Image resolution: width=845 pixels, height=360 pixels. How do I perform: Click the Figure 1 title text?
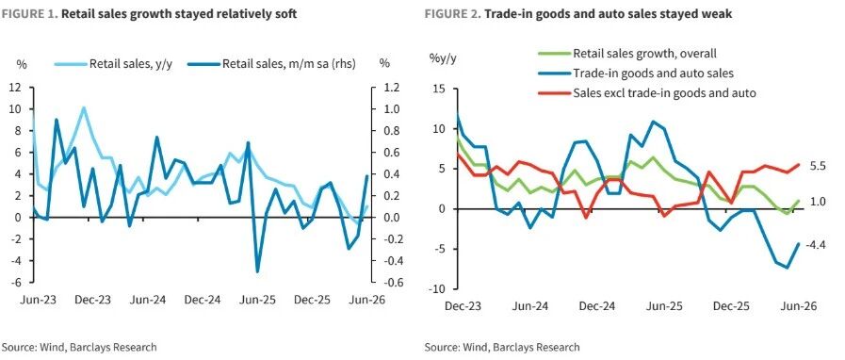[x=149, y=14]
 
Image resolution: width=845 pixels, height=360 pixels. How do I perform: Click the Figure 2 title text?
[x=578, y=14]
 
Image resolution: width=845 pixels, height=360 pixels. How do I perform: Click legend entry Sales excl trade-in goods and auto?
[x=646, y=92]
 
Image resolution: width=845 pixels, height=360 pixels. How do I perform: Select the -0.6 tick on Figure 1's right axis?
[x=390, y=283]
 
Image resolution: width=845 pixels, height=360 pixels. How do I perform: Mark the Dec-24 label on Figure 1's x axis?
[x=202, y=301]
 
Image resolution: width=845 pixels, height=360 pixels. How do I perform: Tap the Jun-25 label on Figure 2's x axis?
[x=664, y=306]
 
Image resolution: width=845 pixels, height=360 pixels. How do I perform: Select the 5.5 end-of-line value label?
[x=815, y=167]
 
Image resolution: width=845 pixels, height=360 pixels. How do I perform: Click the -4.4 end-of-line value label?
[x=815, y=245]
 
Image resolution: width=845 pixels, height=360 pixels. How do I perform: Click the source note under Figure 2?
[x=502, y=347]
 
